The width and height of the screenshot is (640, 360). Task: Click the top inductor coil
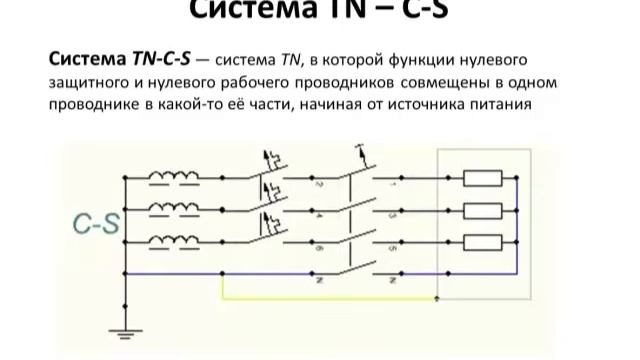174,178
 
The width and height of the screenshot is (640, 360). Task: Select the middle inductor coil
174,208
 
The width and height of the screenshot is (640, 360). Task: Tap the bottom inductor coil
174,240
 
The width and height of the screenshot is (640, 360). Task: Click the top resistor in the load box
484,179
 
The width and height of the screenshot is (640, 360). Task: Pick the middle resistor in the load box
484,210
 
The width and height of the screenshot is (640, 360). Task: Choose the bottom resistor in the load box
484,241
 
